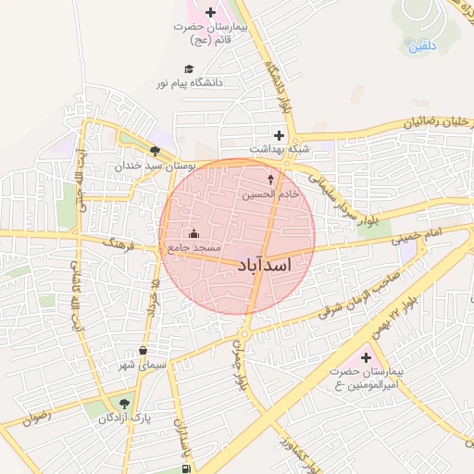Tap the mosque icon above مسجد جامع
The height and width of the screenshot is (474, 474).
coord(193,234)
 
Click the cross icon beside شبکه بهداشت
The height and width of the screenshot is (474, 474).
coord(279,135)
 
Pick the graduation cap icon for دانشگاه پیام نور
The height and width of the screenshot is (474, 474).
coord(189,69)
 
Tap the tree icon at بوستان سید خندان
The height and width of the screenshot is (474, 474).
coord(154,152)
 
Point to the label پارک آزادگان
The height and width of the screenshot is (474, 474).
coord(125,418)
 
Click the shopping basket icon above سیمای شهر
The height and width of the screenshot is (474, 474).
coord(143,351)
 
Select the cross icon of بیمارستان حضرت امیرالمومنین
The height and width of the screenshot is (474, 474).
coord(365,357)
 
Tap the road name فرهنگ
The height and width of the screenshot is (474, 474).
coord(120,245)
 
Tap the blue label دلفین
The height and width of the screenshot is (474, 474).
coord(422,45)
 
